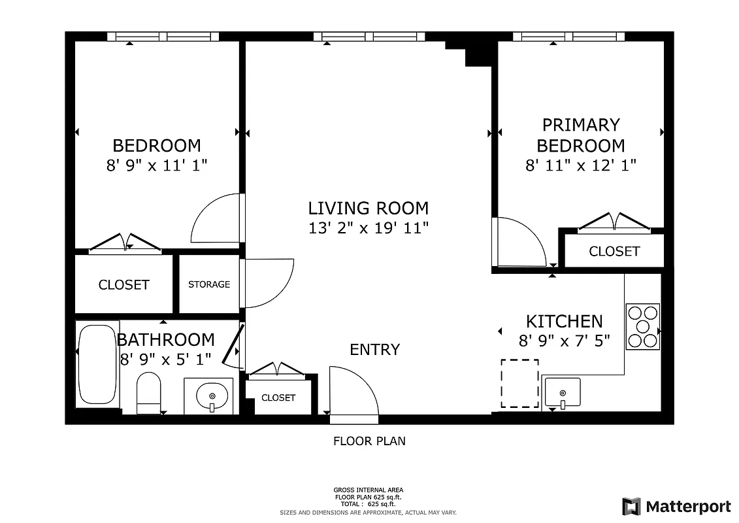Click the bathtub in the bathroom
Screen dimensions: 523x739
[97, 364]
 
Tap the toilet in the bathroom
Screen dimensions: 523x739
[149, 393]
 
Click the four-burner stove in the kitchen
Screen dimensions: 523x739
[642, 326]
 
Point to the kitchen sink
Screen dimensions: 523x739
[561, 393]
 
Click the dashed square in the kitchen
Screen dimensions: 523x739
[520, 383]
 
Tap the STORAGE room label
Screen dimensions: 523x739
[209, 284]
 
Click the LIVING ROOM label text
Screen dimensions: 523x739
[369, 209]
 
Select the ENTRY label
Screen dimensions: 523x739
[374, 350]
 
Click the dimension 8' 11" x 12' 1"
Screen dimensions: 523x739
[581, 165]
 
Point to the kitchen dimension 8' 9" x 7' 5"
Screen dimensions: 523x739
[565, 341]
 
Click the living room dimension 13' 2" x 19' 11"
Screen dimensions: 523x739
[369, 228]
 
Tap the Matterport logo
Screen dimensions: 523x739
[676, 506]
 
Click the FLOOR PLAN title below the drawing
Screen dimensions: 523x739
[369, 441]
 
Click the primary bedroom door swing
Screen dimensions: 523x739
[519, 243]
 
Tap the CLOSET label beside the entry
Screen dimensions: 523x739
[278, 397]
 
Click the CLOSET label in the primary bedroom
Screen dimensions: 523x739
[614, 251]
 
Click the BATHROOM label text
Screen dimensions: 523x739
[165, 340]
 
